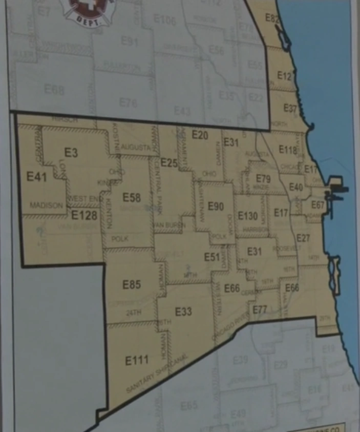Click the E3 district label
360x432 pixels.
coord(71,152)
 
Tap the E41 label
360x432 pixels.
coord(36,177)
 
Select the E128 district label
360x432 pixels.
coord(84,215)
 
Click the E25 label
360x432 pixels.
coord(168,163)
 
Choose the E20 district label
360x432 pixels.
coord(200,135)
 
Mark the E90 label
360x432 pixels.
coord(216,207)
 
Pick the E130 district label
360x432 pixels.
coord(248,216)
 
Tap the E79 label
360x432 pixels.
coord(263,179)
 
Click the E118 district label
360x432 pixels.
coord(288,150)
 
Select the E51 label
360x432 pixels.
coord(211,257)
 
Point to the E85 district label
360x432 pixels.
coord(132,284)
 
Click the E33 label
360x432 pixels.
coord(183,312)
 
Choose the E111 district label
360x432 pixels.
coord(137,360)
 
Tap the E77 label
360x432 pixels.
coord(260,308)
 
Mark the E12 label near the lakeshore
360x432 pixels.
coord(284,76)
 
